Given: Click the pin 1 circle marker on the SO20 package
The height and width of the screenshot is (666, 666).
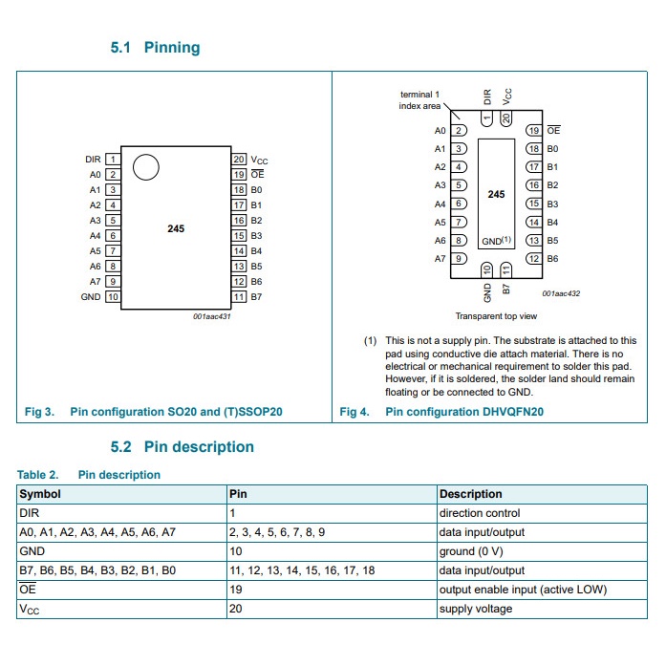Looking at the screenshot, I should (145, 168).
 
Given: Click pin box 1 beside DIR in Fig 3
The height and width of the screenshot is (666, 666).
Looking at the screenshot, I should (113, 160).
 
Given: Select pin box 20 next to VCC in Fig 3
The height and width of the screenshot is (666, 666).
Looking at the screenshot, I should (239, 160).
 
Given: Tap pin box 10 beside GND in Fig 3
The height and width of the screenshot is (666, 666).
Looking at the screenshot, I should (113, 297).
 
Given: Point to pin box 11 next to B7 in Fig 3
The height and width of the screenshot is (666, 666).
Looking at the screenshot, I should (239, 297).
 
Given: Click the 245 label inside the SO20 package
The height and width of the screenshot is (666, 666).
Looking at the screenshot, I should (176, 229).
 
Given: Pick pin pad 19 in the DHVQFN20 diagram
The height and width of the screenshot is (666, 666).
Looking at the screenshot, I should (534, 130).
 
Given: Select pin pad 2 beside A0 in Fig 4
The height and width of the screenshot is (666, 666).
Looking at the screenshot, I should (459, 130).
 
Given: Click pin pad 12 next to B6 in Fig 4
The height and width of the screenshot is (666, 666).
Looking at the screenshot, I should (534, 259).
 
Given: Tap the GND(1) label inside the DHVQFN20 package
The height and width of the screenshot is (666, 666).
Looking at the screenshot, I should (497, 241).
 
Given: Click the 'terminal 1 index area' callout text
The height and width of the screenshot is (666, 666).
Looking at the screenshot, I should (419, 100).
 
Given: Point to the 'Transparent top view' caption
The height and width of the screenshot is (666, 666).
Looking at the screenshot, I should (496, 316).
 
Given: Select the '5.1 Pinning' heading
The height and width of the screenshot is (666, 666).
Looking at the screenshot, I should (156, 48).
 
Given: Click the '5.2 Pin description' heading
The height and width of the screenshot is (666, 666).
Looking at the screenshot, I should (183, 446).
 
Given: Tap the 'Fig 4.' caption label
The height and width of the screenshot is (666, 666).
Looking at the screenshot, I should (354, 412).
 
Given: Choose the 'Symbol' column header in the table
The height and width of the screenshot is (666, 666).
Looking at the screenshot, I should (40, 494).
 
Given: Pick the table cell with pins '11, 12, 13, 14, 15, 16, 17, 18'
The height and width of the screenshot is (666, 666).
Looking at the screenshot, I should (301, 570).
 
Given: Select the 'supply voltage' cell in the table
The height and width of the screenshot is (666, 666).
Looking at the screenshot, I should (475, 609).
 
